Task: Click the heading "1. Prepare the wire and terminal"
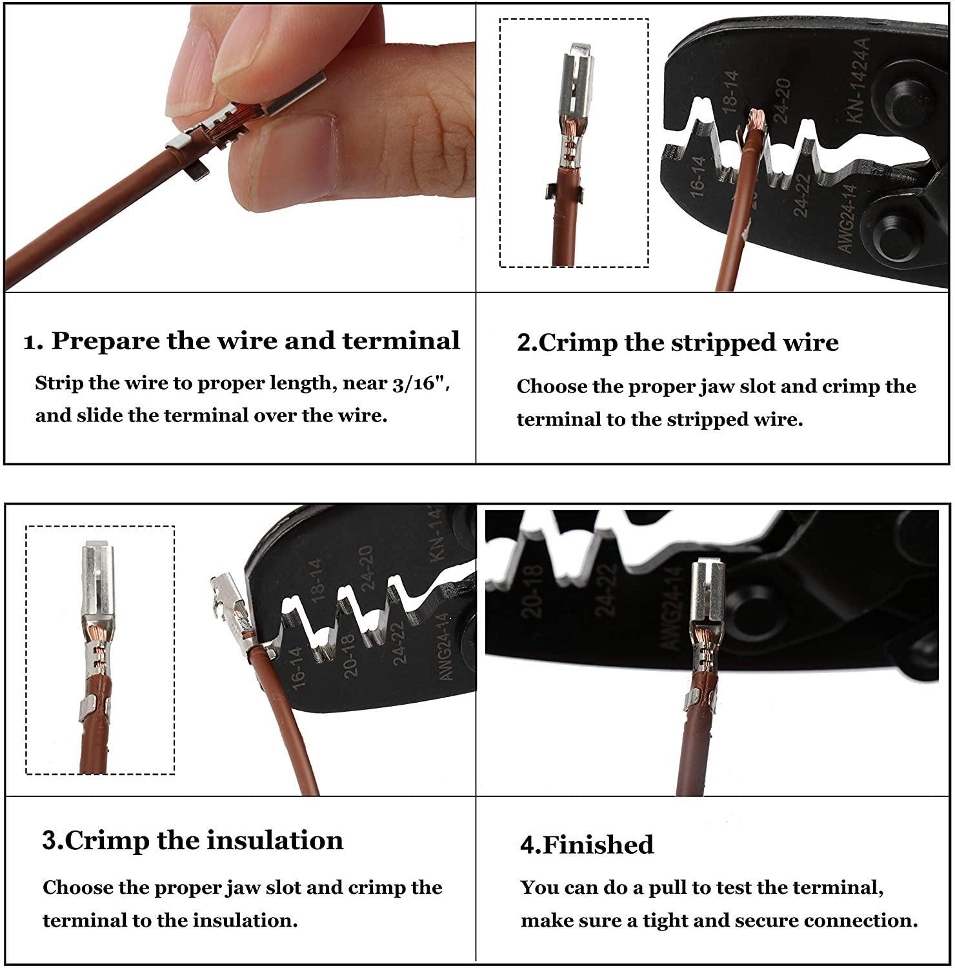242,341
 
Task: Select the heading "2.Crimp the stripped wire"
678,342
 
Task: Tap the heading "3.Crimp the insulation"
192,840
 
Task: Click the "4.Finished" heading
587,845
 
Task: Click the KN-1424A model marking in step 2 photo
858,80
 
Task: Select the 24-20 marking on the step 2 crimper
781,101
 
